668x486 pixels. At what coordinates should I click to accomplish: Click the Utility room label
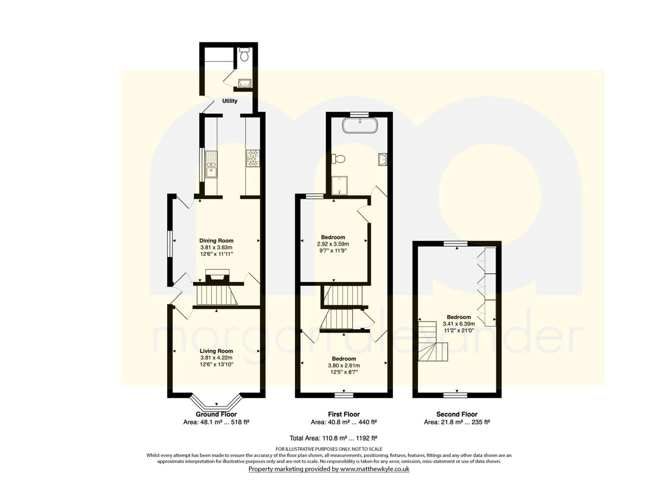230,101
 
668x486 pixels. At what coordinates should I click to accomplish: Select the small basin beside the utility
245,83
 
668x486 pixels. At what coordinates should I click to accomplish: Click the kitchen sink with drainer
212,165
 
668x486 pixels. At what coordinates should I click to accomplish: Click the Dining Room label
216,241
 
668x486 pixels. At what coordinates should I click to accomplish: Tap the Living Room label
216,351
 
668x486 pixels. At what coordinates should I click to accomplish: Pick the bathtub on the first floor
360,126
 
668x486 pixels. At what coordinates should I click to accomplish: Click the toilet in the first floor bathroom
338,158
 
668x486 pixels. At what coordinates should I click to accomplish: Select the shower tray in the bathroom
340,185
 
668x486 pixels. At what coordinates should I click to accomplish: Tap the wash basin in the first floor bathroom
383,159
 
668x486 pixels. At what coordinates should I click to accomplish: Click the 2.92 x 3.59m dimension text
333,244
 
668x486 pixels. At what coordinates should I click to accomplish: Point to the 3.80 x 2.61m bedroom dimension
344,365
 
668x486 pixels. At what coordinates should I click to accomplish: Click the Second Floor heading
457,414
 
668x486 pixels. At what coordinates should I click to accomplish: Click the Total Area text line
334,438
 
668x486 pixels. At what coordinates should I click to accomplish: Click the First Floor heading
344,414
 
